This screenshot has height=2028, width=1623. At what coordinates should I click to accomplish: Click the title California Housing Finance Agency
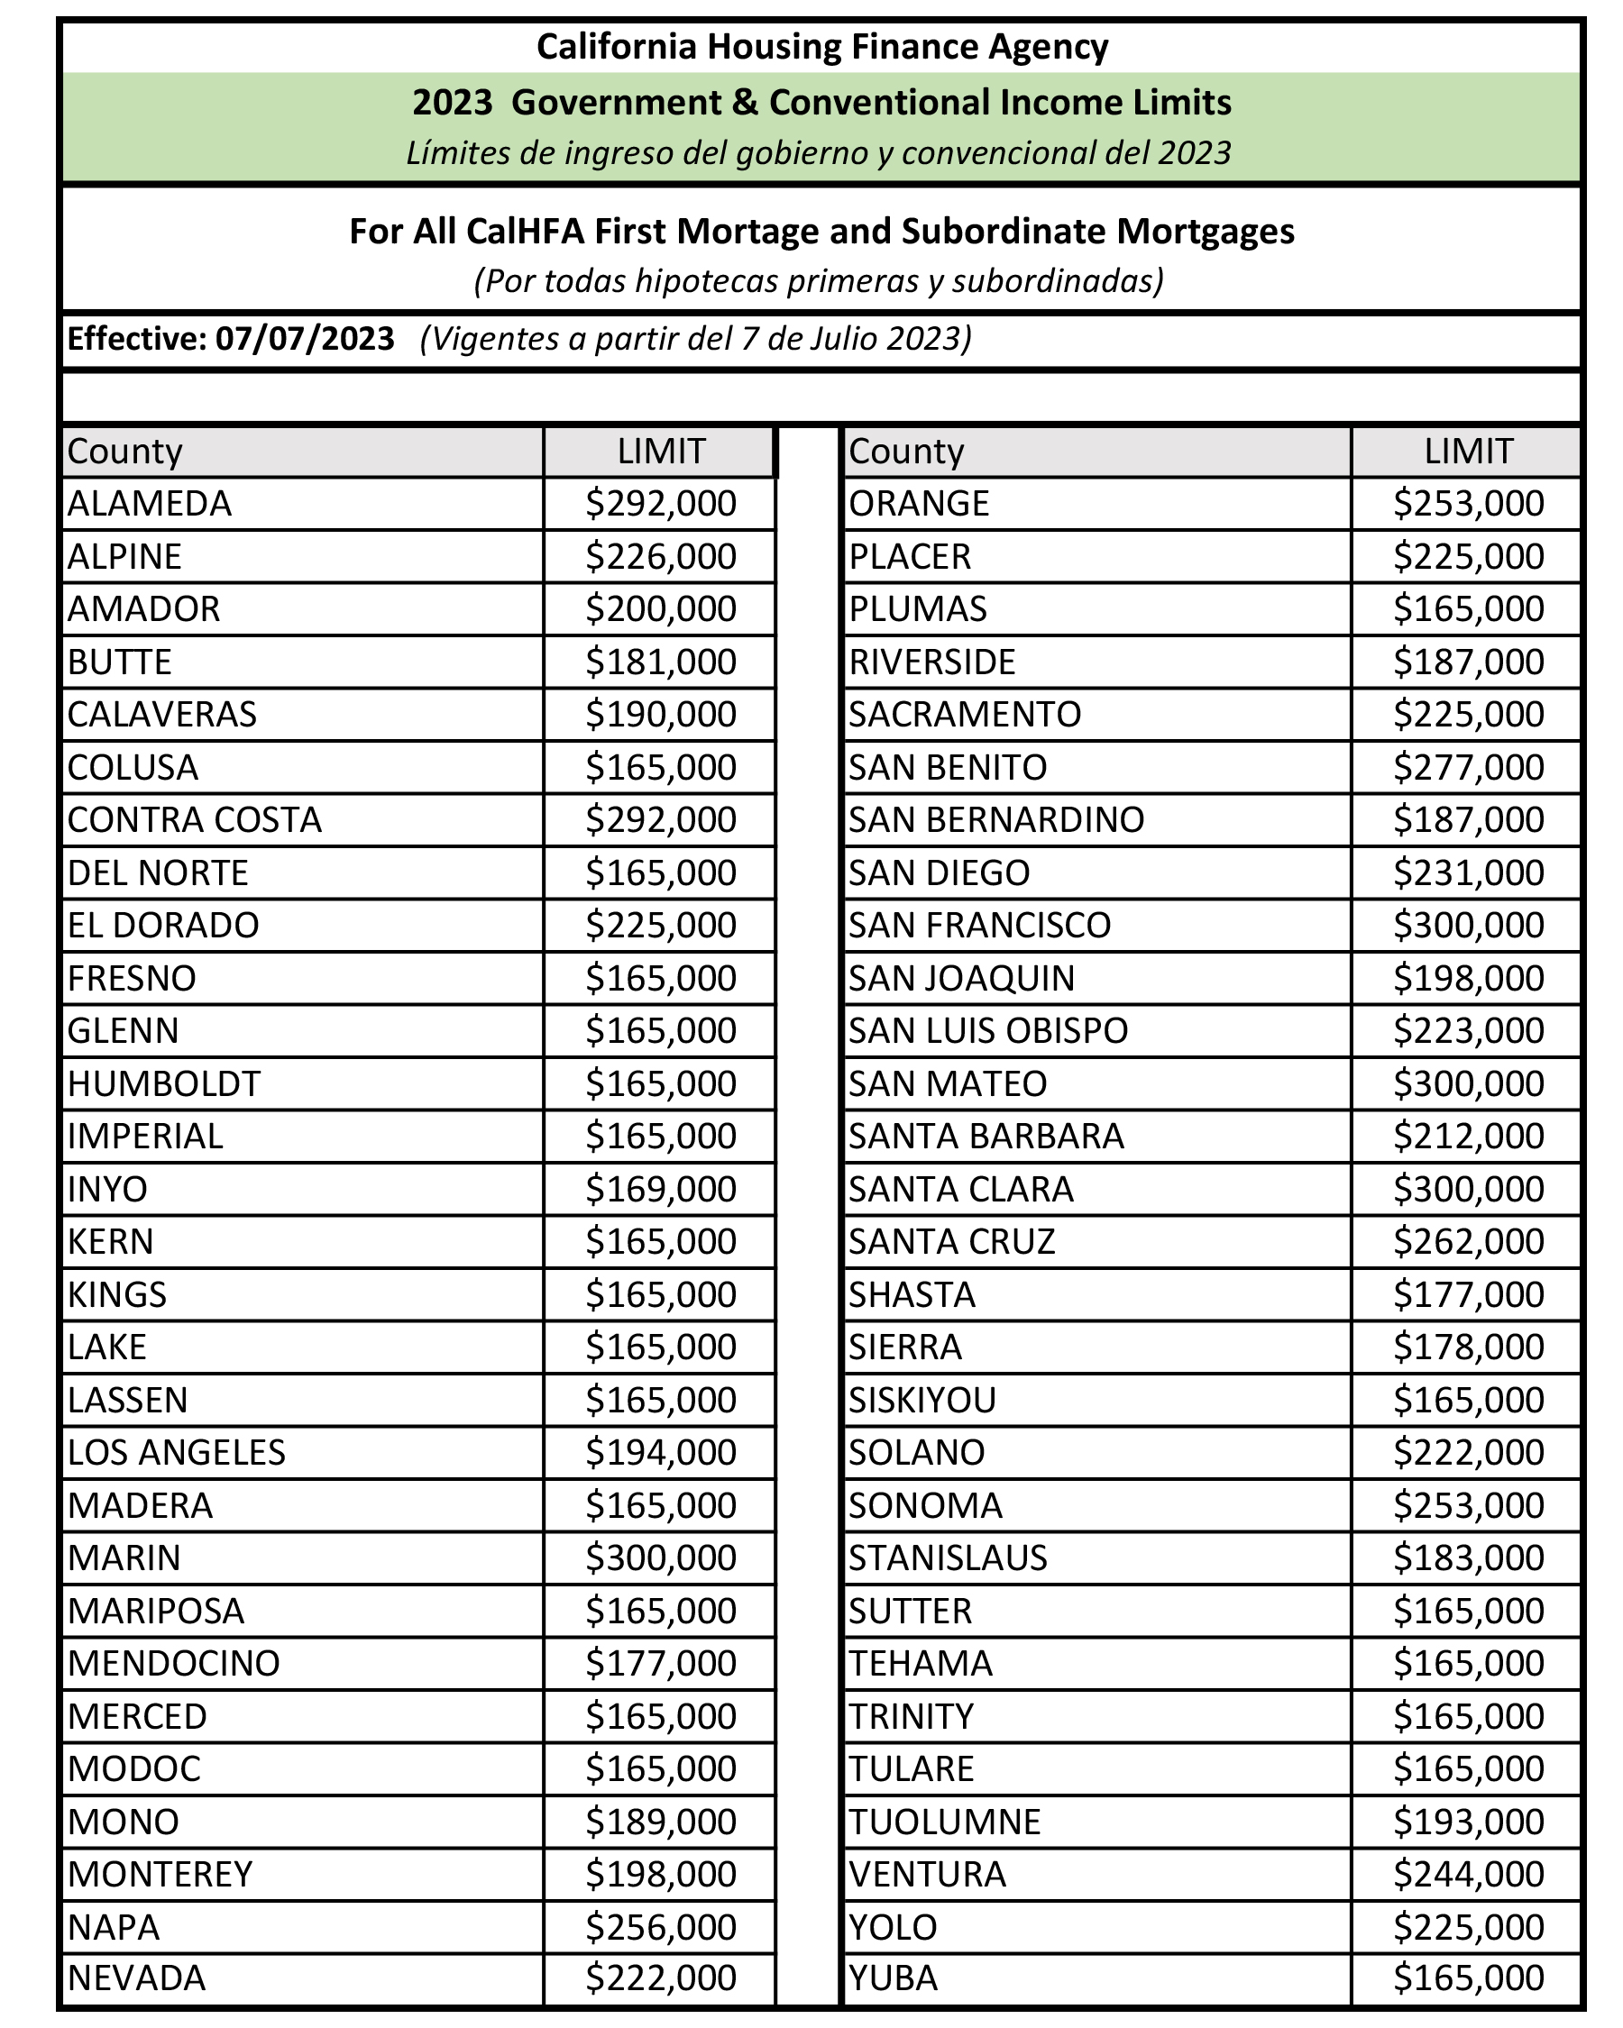coord(821,46)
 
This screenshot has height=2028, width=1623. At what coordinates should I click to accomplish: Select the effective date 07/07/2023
coord(304,339)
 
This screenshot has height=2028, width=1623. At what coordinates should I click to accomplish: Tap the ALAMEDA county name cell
coord(150,504)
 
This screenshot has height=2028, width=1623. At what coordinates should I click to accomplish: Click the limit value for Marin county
coord(661,1558)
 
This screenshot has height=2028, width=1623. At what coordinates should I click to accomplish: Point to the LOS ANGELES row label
coord(176,1452)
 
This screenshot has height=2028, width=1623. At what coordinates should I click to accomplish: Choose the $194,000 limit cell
coord(661,1452)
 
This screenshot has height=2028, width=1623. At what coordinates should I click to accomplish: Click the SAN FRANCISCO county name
coord(979,926)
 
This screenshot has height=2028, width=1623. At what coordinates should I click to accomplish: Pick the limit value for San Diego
coord(1468,872)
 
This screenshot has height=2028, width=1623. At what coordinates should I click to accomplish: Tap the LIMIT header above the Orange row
coord(1468,452)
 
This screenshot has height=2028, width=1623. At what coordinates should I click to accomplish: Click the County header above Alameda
coord(125,452)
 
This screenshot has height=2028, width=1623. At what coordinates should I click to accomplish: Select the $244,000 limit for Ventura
coord(1468,1874)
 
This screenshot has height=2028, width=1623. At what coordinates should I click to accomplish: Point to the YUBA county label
coord(893,1978)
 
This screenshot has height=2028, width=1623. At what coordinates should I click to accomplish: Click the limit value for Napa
coord(661,1926)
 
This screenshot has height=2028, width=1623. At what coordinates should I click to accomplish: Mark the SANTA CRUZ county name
coord(951,1242)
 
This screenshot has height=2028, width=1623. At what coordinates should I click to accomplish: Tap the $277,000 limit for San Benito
coord(1468,768)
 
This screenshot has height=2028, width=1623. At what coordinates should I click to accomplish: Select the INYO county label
coord(107,1189)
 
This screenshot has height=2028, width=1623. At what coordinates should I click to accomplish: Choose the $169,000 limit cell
coord(661,1189)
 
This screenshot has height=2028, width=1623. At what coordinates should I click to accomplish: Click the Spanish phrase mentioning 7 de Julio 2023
coord(695,339)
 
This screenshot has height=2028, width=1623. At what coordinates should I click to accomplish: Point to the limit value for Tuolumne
coord(1468,1821)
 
